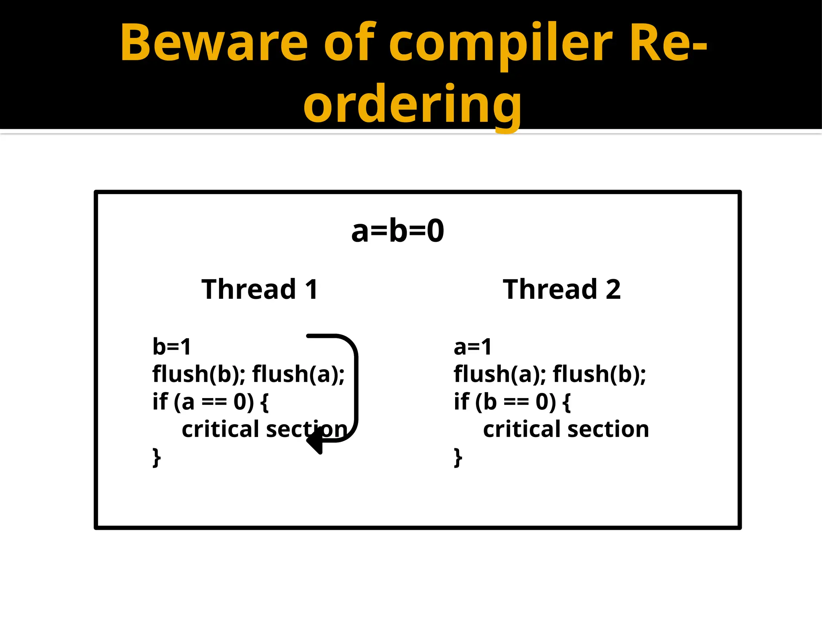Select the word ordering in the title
[412, 105]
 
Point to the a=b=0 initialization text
[397, 231]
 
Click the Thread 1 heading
[260, 289]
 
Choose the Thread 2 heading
[562, 289]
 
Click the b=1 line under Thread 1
[171, 346]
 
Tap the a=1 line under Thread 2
[472, 346]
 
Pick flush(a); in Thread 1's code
[298, 374]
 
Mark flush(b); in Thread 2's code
[599, 374]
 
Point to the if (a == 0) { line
[210, 402]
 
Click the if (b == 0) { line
[512, 402]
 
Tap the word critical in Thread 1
[220, 429]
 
